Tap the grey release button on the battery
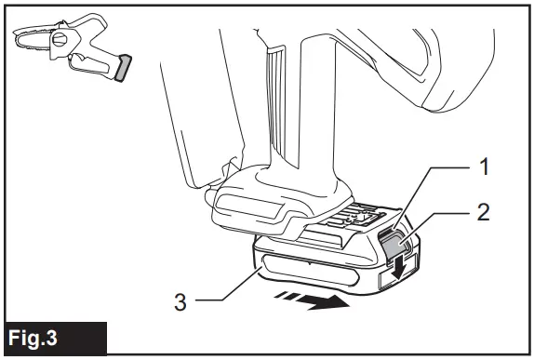395,245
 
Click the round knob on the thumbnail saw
63,39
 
